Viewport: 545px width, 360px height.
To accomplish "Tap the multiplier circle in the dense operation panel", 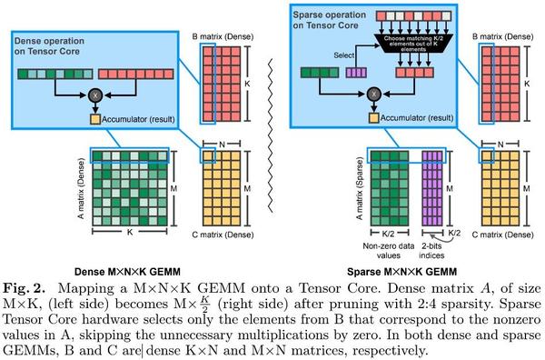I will coord(93,95).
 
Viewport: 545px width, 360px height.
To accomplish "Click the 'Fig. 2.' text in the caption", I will coord(25,285).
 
